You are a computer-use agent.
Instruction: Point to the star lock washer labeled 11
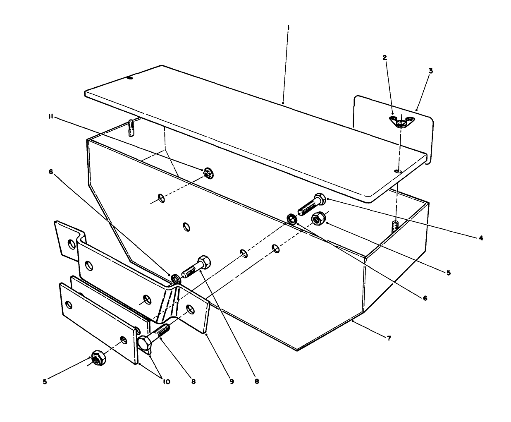[209, 174]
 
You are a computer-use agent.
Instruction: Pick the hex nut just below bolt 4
[319, 218]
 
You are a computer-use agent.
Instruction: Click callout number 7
[388, 338]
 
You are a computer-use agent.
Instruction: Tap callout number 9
[232, 381]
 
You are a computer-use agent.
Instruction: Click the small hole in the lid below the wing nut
[398, 170]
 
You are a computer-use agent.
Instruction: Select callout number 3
[430, 71]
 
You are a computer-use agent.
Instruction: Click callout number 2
[384, 58]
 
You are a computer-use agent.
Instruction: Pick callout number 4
[481, 238]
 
